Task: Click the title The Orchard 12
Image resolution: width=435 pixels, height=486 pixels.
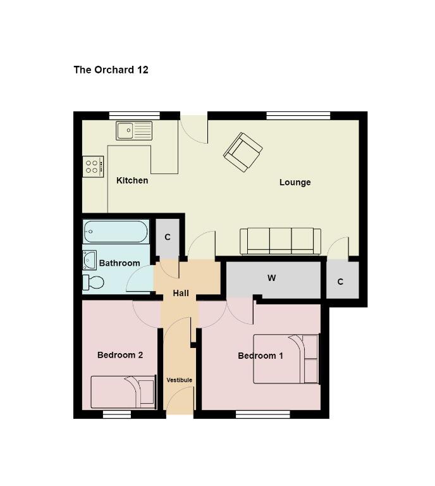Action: [111, 70]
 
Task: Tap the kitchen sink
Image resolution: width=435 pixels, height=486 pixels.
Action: [134, 130]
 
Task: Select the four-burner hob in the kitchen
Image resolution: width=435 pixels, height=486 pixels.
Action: [93, 166]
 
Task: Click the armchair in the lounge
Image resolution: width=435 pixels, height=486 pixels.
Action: [243, 152]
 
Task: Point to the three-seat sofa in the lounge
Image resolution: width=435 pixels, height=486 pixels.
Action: [280, 241]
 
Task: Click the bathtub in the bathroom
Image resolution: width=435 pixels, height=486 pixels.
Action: [116, 232]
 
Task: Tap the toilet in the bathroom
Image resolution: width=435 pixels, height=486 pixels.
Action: [93, 282]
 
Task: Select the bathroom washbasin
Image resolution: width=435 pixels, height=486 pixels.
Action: [90, 260]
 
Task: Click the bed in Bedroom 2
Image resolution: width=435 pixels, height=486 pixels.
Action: [123, 392]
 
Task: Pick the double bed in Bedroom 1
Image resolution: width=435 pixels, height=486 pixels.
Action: [286, 359]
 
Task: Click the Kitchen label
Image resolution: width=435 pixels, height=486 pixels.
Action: [132, 180]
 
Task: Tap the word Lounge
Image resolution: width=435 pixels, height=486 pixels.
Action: [295, 182]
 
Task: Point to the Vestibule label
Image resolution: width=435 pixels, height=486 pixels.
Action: [180, 380]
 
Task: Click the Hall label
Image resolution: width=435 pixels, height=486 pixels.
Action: [181, 293]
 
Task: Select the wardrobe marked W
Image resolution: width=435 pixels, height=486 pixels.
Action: [273, 278]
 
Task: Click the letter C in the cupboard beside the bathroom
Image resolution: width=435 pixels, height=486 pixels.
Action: [168, 237]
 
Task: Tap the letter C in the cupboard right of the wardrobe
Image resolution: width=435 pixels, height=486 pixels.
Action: [340, 282]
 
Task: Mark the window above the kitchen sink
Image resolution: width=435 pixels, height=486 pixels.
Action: [135, 116]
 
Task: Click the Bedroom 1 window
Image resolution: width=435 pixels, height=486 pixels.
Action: [263, 414]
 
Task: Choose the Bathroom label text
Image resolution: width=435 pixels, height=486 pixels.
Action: [119, 263]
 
